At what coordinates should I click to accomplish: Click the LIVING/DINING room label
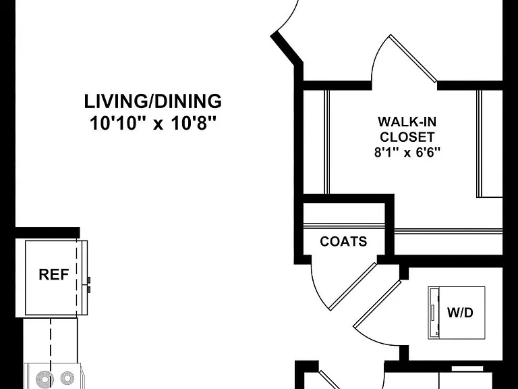pos(152,101)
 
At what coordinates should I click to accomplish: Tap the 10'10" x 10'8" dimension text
pos(152,124)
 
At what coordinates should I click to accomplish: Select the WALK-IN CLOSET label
pos(407,129)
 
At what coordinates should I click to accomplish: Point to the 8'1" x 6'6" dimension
pos(407,152)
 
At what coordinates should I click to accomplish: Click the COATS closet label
pos(343,242)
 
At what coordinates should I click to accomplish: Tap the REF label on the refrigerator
pos(54,275)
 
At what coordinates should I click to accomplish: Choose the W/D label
pos(460,312)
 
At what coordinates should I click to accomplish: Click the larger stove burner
pos(45,380)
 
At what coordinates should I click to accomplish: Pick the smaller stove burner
pos(67,378)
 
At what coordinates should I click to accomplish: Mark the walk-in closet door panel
pos(413,58)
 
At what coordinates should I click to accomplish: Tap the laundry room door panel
pos(377,303)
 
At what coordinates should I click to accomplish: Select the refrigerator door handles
pos(89,285)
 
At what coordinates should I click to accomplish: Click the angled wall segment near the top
pos(287,47)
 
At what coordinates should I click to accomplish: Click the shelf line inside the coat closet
pos(344,226)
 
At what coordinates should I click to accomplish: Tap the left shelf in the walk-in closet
pos(326,142)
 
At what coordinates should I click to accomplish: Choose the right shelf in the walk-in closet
pos(480,144)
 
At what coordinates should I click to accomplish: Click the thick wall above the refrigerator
pos(48,232)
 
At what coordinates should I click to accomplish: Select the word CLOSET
pos(407,136)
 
